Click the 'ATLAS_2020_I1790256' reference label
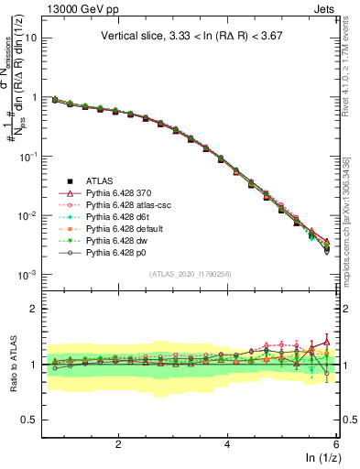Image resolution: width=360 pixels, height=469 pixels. [191, 275]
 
